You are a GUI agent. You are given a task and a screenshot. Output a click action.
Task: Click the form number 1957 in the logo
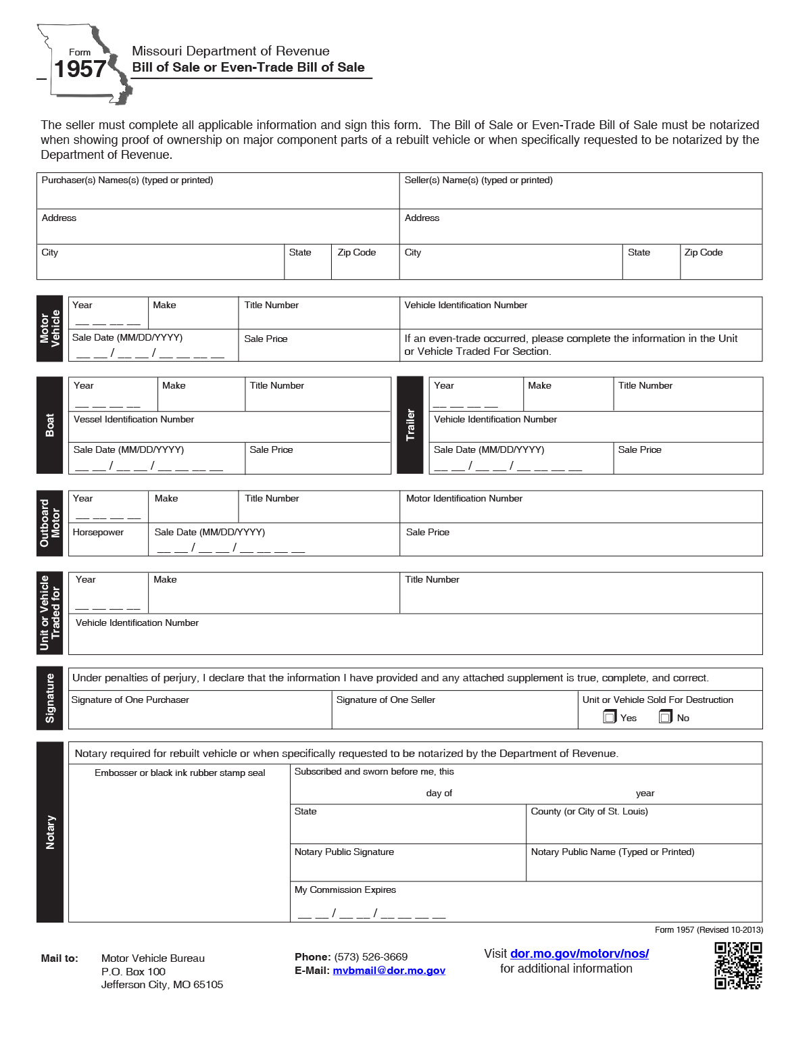80,69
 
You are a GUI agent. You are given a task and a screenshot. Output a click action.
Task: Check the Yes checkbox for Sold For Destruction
610,717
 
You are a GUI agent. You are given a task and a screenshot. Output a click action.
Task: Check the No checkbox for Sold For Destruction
666,717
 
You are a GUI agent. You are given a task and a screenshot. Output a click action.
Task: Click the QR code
738,965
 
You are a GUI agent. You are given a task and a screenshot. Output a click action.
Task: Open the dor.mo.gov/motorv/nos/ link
579,953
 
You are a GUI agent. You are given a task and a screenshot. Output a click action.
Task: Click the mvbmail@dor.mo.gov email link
389,971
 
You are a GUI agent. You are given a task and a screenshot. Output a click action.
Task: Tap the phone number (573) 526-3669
370,956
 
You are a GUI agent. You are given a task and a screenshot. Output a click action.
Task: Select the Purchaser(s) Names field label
127,180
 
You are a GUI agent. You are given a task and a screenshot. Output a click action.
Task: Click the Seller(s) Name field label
478,180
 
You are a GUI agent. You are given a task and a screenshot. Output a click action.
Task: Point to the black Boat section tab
50,425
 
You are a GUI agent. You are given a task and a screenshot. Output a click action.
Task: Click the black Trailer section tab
410,425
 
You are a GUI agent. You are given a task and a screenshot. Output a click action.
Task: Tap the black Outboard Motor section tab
50,523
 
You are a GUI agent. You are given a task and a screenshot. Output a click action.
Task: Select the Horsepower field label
98,533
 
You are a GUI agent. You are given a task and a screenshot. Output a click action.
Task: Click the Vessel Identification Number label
134,420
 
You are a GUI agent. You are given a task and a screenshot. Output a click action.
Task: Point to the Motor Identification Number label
464,499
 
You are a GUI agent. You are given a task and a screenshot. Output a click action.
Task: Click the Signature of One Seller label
386,700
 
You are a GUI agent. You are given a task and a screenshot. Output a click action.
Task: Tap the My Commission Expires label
345,890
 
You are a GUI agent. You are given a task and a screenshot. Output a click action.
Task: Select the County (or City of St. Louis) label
589,812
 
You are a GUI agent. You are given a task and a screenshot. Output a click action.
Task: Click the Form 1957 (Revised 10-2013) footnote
708,930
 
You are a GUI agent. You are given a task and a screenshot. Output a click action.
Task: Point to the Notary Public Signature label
344,852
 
